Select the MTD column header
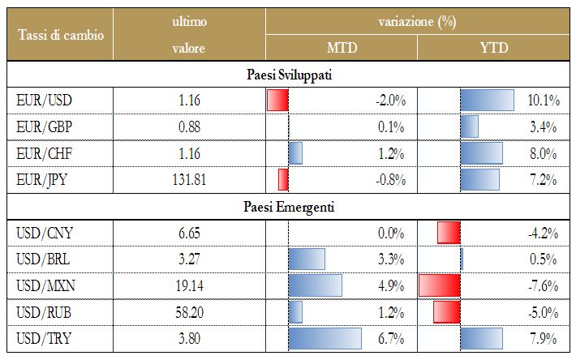(x=342, y=48)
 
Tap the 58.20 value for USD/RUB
(x=188, y=312)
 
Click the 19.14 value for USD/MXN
(x=188, y=286)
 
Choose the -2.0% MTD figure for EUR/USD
(x=390, y=101)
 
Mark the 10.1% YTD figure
(x=544, y=101)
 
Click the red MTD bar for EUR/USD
(x=277, y=101)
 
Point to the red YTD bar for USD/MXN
(x=440, y=286)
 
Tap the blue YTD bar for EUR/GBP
(x=469, y=127)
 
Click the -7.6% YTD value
(x=542, y=286)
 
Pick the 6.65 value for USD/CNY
(x=188, y=234)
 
